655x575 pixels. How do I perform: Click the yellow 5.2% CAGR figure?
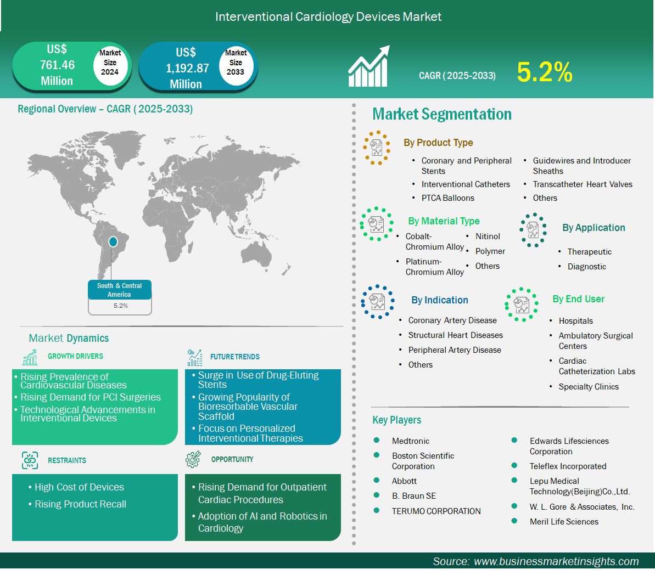tap(544, 72)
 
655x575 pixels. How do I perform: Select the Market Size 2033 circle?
tap(236, 65)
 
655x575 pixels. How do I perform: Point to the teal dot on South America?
tap(113, 242)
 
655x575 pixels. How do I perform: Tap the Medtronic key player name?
tap(411, 441)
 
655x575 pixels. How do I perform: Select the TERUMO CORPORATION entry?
tap(436, 511)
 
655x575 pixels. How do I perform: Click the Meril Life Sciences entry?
tap(564, 522)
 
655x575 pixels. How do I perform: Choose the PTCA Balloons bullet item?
tap(448, 198)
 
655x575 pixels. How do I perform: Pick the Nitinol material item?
tap(488, 236)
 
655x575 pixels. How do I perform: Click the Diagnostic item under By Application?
tap(586, 267)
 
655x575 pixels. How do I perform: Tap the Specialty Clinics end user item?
tap(589, 387)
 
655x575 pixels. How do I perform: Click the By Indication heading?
tap(439, 300)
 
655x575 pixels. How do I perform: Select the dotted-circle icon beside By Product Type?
tap(377, 148)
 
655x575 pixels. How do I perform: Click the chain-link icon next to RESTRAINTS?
tap(30, 460)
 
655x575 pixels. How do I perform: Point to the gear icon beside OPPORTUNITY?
tap(193, 459)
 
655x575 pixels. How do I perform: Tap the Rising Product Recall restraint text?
tap(80, 504)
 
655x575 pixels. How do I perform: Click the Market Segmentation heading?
tap(442, 114)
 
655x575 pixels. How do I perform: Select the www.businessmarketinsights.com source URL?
tap(556, 561)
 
